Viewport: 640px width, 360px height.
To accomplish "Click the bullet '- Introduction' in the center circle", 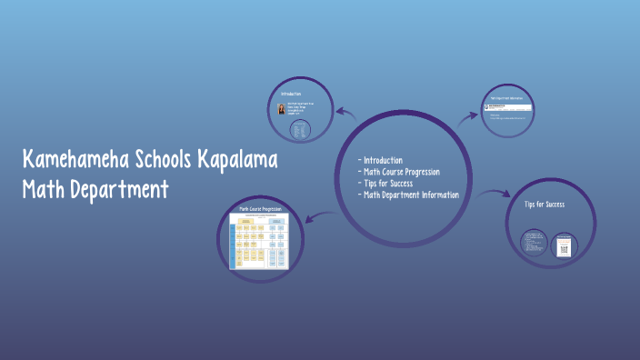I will [x=382, y=161].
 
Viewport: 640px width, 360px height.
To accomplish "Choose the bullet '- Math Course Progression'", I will [x=400, y=172].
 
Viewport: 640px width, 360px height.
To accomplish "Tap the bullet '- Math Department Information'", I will [x=409, y=195].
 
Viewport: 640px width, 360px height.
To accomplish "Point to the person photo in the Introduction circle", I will [x=282, y=109].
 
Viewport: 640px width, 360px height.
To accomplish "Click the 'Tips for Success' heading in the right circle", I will [x=545, y=205].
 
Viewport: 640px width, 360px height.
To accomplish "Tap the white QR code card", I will [x=564, y=244].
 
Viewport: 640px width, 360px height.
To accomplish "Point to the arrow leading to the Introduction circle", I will [x=345, y=114].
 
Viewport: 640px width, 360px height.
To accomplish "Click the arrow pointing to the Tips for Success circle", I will [x=496, y=193].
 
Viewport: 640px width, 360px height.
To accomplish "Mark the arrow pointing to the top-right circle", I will [x=467, y=116].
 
